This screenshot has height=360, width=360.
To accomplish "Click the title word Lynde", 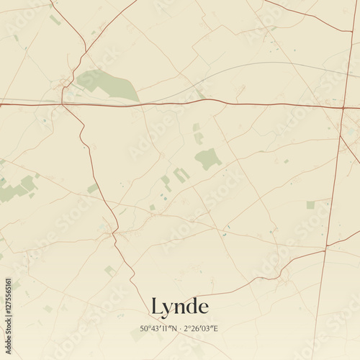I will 180,307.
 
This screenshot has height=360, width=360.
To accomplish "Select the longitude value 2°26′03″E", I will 201,329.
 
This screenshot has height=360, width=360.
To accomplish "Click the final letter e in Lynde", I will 204,309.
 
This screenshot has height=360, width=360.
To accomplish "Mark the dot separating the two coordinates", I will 181,329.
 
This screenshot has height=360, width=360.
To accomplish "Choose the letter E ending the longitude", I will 216,329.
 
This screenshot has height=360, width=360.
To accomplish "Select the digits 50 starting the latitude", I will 145,329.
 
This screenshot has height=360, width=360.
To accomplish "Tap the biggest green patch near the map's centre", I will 208,158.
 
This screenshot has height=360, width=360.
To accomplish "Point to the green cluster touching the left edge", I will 18,189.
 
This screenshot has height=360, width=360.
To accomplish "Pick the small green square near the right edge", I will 310,205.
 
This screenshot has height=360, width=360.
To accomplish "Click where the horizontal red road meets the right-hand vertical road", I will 343,108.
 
